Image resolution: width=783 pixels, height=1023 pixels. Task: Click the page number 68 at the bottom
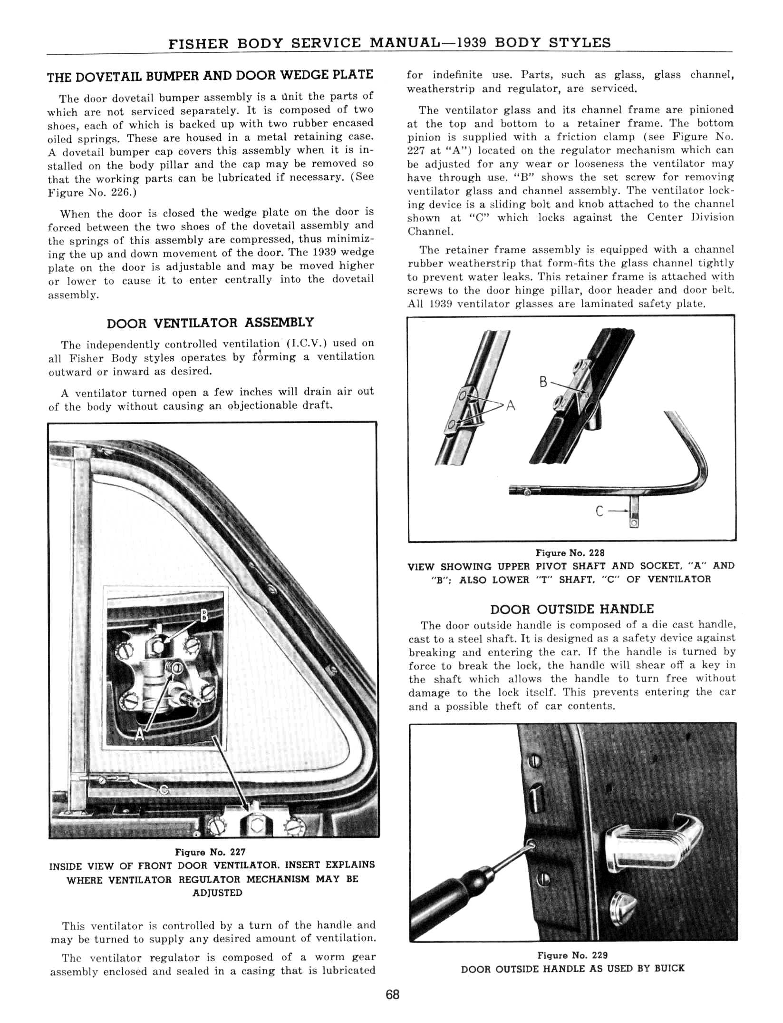coord(393,994)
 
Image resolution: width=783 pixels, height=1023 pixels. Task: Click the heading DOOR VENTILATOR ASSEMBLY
coord(210,323)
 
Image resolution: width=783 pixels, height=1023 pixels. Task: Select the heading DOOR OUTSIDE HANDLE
coord(571,610)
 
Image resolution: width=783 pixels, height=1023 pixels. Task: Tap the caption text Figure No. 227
coord(210,852)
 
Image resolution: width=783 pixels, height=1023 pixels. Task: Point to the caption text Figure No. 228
coord(570,553)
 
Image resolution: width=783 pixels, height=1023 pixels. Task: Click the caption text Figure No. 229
coord(572,955)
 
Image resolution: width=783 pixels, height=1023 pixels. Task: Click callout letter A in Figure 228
coord(511,405)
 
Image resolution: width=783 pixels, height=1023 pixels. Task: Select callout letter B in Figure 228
coord(543,382)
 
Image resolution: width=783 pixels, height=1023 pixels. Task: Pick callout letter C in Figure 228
coord(599,511)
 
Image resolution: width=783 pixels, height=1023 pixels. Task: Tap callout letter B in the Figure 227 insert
coord(204,617)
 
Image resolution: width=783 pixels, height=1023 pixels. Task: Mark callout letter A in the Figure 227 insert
coord(139,735)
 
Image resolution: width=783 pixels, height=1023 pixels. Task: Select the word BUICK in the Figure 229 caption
coord(669,969)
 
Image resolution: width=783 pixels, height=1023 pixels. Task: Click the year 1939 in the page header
coord(471,43)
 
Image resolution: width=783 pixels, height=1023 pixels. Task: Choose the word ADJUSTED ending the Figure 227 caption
coord(217,893)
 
